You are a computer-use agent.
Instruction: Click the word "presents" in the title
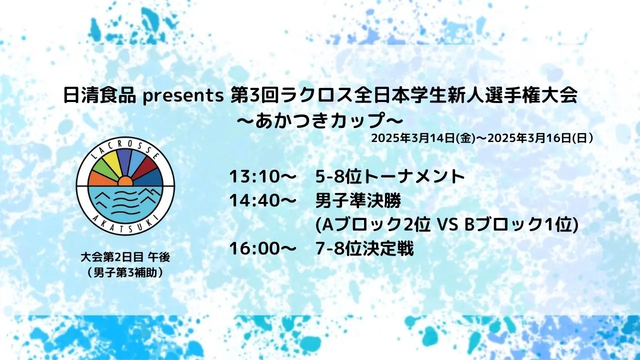(183, 96)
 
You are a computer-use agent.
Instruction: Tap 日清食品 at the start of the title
(99, 95)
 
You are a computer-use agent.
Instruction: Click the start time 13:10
(254, 177)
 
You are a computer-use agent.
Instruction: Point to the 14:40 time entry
(254, 201)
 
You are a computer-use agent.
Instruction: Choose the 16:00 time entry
(254, 249)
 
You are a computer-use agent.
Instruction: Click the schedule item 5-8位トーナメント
(390, 177)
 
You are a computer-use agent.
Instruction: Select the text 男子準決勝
(358, 201)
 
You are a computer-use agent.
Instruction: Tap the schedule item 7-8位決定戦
(364, 249)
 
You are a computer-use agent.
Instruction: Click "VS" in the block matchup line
(447, 225)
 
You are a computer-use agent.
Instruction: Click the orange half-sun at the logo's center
(125, 181)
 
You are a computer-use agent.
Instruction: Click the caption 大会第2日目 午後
(125, 257)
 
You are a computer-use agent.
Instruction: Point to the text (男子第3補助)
(125, 273)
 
